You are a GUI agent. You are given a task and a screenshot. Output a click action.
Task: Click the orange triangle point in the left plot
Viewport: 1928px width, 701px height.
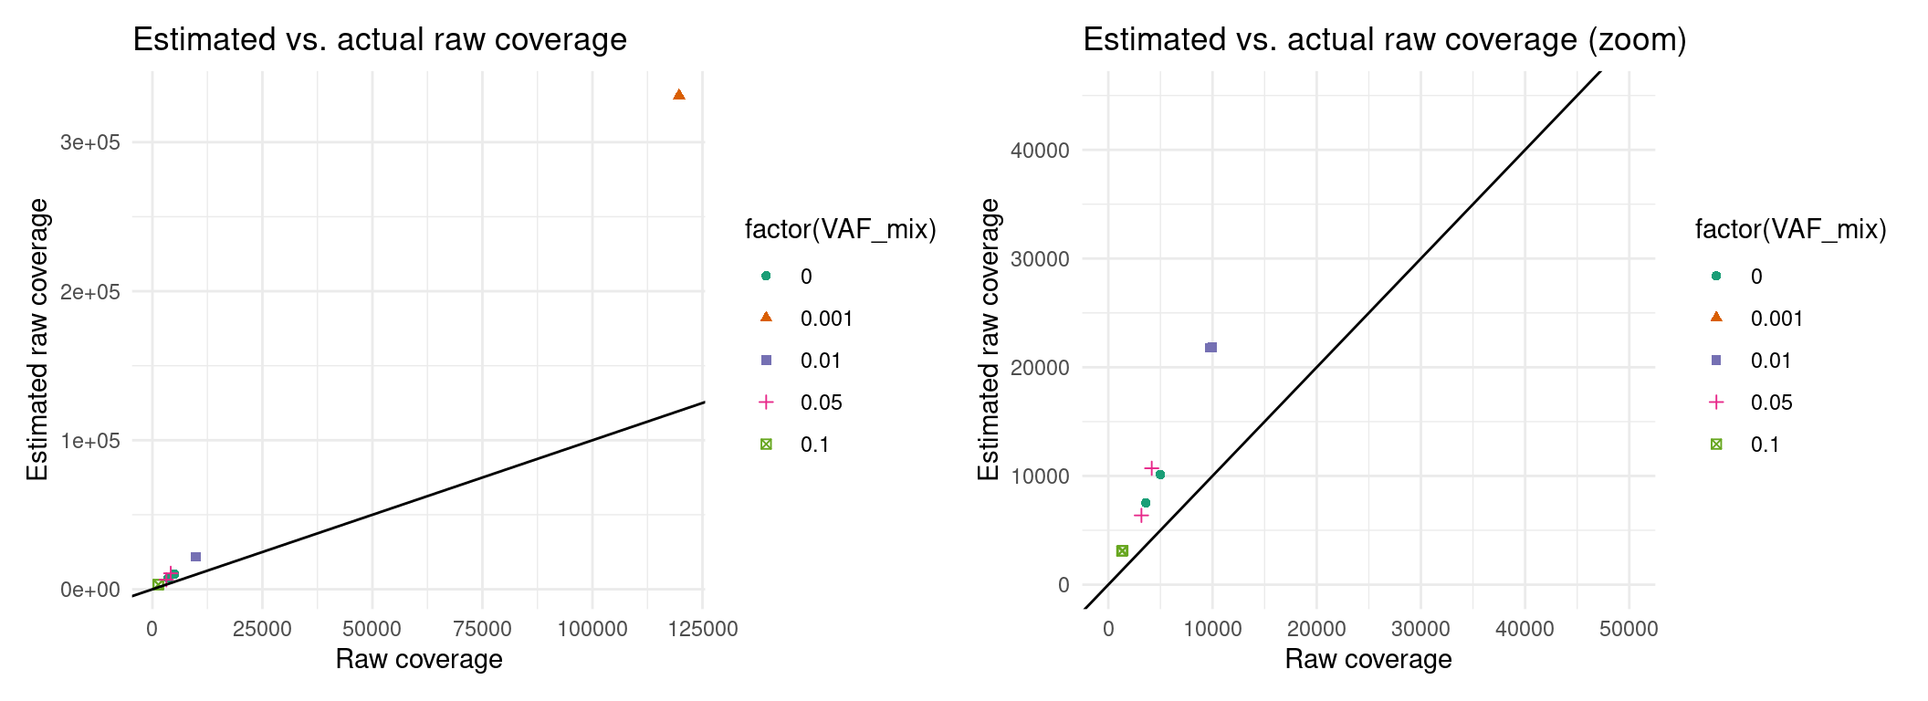678,95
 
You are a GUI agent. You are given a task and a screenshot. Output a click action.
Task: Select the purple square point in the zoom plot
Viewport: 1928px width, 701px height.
1211,347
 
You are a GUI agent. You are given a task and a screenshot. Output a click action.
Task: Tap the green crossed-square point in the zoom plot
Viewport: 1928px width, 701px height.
1122,550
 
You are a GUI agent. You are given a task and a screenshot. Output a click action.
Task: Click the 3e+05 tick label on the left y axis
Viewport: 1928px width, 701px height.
90,142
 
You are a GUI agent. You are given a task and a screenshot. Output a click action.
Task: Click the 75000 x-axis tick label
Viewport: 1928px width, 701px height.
482,629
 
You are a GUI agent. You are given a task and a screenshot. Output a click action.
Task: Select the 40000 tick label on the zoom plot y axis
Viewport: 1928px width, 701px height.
1040,151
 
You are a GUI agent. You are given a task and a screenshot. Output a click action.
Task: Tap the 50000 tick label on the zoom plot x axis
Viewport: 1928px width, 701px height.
1629,629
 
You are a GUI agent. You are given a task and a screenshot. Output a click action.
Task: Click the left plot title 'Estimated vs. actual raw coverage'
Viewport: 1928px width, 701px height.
380,40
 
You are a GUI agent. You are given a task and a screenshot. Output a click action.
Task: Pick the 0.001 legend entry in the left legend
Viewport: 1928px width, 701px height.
826,319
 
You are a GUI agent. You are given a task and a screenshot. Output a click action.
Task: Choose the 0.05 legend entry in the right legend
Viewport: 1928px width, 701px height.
1771,403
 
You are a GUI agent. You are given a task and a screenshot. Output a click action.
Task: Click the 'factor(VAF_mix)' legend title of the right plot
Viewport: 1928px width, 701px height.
1790,229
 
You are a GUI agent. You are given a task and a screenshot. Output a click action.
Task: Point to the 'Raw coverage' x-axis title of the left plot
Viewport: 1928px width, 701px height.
419,659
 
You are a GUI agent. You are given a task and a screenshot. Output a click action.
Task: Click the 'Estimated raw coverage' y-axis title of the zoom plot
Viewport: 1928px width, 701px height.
989,340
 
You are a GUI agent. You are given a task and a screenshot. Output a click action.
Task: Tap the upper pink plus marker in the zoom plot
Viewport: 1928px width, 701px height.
1152,468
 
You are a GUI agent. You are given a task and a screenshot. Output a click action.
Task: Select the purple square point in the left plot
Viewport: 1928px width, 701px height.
195,557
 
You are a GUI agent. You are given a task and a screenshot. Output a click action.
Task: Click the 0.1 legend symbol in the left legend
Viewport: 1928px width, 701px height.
766,445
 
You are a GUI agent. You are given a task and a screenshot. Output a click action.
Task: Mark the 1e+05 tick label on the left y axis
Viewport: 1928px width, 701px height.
90,441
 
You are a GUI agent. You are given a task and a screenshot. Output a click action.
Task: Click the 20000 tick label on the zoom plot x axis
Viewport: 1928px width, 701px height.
1316,629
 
